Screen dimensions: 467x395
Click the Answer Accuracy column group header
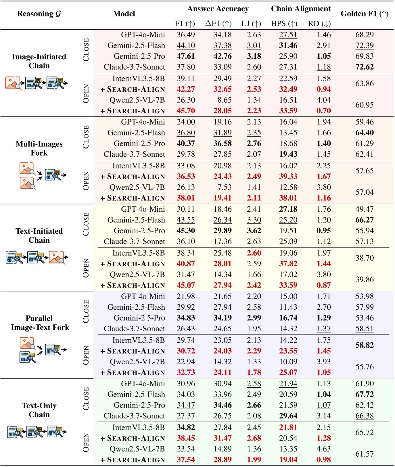[x=218, y=9]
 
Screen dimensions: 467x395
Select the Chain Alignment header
[x=301, y=9]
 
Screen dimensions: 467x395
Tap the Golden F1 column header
[x=365, y=14]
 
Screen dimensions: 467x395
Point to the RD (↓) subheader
[x=319, y=24]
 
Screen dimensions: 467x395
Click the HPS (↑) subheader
[x=284, y=24]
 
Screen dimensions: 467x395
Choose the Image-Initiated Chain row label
[x=39, y=61]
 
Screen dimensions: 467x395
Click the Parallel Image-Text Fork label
[x=40, y=323]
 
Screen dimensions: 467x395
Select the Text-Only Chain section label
[x=39, y=410]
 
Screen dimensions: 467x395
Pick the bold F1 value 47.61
[x=186, y=56]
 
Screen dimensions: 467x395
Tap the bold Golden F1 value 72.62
[x=365, y=67]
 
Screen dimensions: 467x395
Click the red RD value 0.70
[x=324, y=111]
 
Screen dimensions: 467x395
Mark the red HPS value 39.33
[x=288, y=177]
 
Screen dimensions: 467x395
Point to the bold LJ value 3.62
[x=254, y=231]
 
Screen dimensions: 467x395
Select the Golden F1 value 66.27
[x=365, y=220]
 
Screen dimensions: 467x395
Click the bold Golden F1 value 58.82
[x=365, y=345]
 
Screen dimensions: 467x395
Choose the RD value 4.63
[x=324, y=449]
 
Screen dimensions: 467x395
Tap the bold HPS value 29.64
[x=288, y=416]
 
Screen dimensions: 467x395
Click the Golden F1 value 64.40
[x=365, y=133]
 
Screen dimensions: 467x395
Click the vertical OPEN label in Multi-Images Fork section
[x=86, y=181]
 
